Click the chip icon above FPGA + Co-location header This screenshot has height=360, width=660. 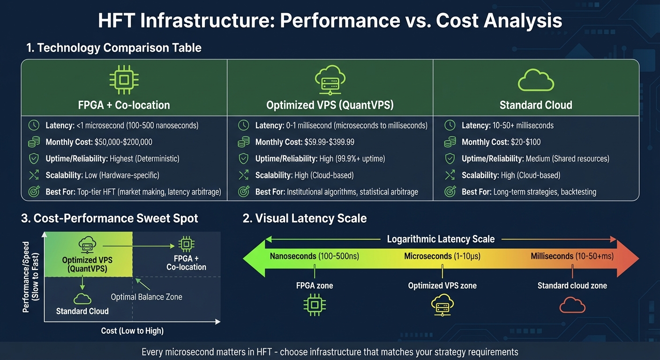click(x=124, y=80)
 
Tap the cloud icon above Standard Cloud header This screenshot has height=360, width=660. click(x=536, y=81)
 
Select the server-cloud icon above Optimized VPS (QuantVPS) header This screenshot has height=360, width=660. click(x=330, y=81)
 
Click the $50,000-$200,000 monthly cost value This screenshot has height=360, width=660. click(x=123, y=142)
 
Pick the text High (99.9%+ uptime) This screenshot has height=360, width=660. click(x=346, y=158)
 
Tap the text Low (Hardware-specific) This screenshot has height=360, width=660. click(x=128, y=175)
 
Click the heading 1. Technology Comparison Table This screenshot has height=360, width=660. click(x=114, y=47)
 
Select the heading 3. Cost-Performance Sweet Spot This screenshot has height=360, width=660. click(x=110, y=218)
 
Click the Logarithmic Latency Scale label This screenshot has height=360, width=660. click(x=441, y=239)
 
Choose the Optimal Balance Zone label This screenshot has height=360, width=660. click(x=146, y=297)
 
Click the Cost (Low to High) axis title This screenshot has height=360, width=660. click(x=132, y=331)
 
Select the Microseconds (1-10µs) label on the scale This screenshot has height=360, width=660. click(x=442, y=256)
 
